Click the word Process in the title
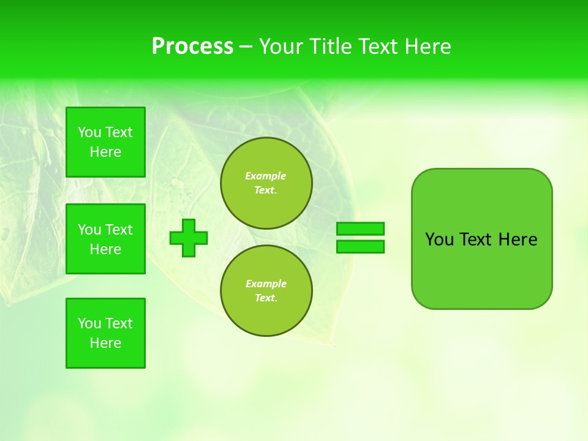click(x=192, y=47)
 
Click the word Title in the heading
click(x=329, y=47)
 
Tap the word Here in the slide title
click(x=428, y=47)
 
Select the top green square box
click(x=105, y=142)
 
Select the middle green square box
click(x=105, y=239)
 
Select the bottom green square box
click(x=105, y=333)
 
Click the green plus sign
click(x=189, y=238)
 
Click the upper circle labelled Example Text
click(x=266, y=183)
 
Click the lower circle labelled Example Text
click(x=266, y=291)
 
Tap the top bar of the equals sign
click(x=360, y=229)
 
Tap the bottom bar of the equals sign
click(x=360, y=247)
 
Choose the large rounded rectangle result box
click(x=481, y=269)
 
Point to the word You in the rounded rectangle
click(x=439, y=239)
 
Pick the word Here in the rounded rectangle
click(x=518, y=239)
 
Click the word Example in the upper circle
click(x=266, y=176)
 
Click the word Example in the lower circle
click(x=266, y=284)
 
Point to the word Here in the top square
click(x=105, y=152)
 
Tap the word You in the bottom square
click(x=89, y=323)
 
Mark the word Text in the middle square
click(x=119, y=230)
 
